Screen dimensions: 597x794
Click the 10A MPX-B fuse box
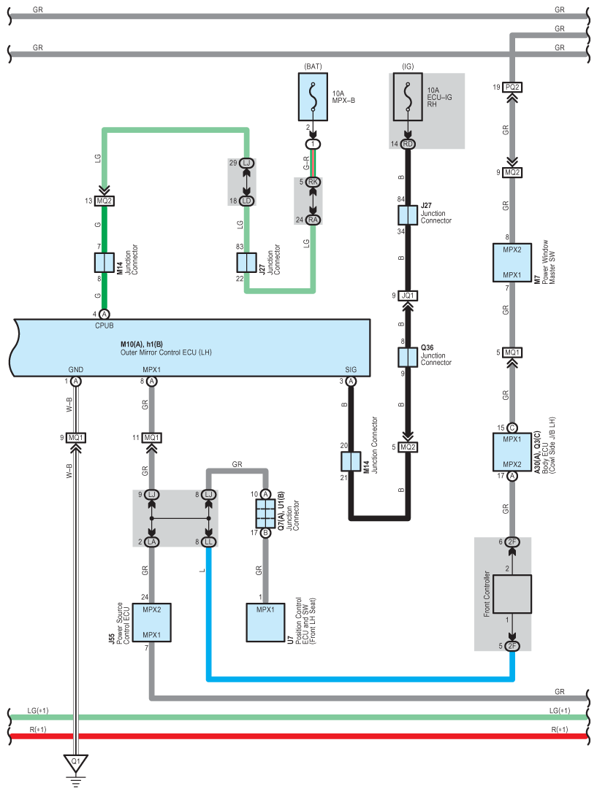[x=313, y=97]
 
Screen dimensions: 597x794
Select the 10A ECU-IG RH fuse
[x=408, y=97]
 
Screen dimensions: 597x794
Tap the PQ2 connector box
[x=512, y=87]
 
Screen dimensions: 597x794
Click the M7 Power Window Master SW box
[x=512, y=262]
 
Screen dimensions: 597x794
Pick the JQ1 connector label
[x=408, y=296]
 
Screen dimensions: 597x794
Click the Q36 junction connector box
[x=408, y=357]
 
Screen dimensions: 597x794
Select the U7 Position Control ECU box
[x=265, y=623]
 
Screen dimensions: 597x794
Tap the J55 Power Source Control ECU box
[x=152, y=623]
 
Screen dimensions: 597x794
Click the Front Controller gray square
[x=512, y=594]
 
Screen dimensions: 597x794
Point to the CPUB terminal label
[x=104, y=325]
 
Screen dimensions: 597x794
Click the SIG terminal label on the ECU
[x=351, y=370]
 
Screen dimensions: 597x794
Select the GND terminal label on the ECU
[x=75, y=370]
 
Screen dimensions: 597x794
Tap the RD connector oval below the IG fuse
[x=408, y=144]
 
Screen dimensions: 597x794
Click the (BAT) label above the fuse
[x=313, y=66]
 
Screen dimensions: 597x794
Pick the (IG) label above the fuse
[x=408, y=66]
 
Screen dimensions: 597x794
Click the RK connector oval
[x=313, y=182]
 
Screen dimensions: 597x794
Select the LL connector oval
[x=208, y=541]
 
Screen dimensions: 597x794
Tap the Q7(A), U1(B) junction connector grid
[x=265, y=514]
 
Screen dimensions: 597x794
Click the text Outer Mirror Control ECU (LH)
[x=166, y=352]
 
